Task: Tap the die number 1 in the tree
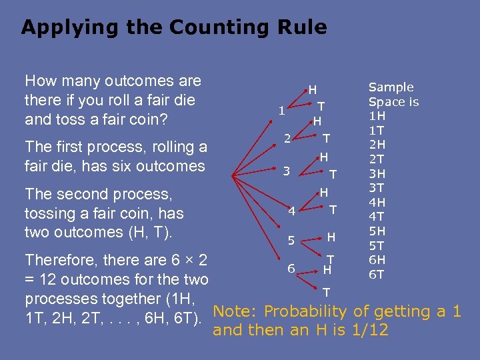tap(283, 111)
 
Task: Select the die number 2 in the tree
tap(287, 139)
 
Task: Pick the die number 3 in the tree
tap(286, 171)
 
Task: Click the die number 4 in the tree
tap(291, 213)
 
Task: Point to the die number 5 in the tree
tap(291, 240)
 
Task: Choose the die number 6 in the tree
tap(291, 268)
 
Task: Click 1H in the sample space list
tap(377, 116)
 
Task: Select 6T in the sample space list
tap(377, 274)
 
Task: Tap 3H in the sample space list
tap(377, 174)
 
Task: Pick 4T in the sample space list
tap(377, 217)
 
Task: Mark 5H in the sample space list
tap(377, 231)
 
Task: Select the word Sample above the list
tap(391, 87)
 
